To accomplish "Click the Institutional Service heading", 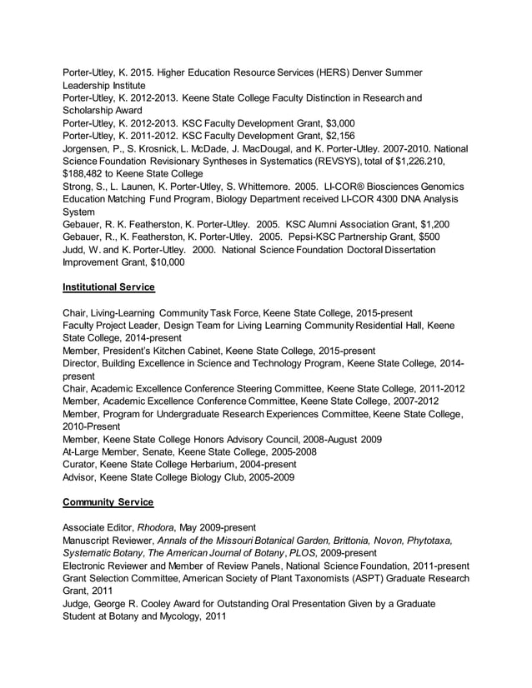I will [108, 287].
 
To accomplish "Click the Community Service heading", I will [106, 503].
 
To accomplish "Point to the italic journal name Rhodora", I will [158, 527].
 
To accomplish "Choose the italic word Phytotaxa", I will [423, 540].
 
